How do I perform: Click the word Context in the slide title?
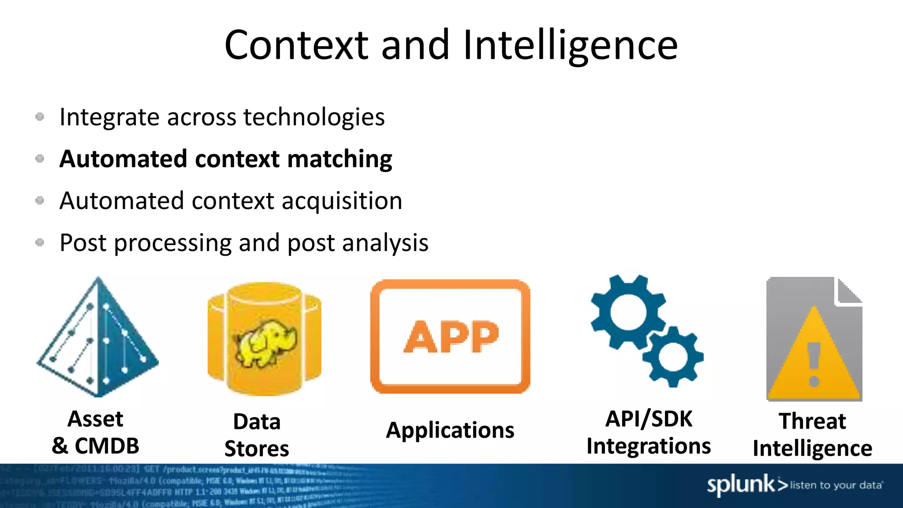(296, 45)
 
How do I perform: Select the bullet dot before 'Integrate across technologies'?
(40, 117)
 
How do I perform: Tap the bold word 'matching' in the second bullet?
(340, 159)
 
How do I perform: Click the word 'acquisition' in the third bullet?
(342, 201)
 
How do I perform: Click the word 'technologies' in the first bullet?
(314, 117)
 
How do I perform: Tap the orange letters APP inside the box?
(451, 337)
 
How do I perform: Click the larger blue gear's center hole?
(628, 312)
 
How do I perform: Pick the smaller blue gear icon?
(672, 356)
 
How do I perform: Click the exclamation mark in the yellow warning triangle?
(814, 364)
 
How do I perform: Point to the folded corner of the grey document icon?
(849, 291)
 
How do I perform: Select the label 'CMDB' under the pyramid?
(107, 446)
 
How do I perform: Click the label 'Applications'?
(450, 430)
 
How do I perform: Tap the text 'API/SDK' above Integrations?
(649, 419)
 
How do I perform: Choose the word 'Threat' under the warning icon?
(812, 421)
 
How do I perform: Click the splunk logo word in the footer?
(741, 485)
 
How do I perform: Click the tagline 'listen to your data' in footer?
(836, 486)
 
